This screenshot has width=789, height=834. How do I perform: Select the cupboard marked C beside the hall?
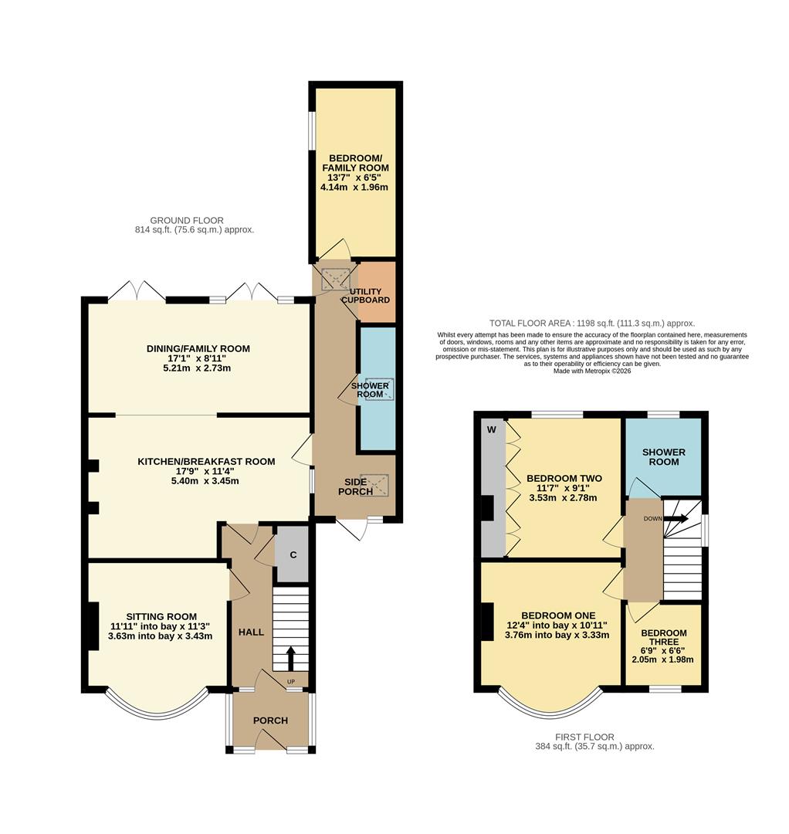click(293, 554)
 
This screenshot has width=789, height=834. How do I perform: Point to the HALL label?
click(251, 632)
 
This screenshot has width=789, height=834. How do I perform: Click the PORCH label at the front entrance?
click(270, 720)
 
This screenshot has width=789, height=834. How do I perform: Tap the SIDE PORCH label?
click(358, 486)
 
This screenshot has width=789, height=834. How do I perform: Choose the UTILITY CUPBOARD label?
click(366, 296)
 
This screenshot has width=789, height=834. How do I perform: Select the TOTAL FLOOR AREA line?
click(592, 323)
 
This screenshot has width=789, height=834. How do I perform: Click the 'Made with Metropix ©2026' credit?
click(592, 371)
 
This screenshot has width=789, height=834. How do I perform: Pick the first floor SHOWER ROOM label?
click(663, 456)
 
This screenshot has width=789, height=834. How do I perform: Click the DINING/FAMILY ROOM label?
click(198, 349)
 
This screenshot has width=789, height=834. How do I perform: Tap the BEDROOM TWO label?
click(564, 479)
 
